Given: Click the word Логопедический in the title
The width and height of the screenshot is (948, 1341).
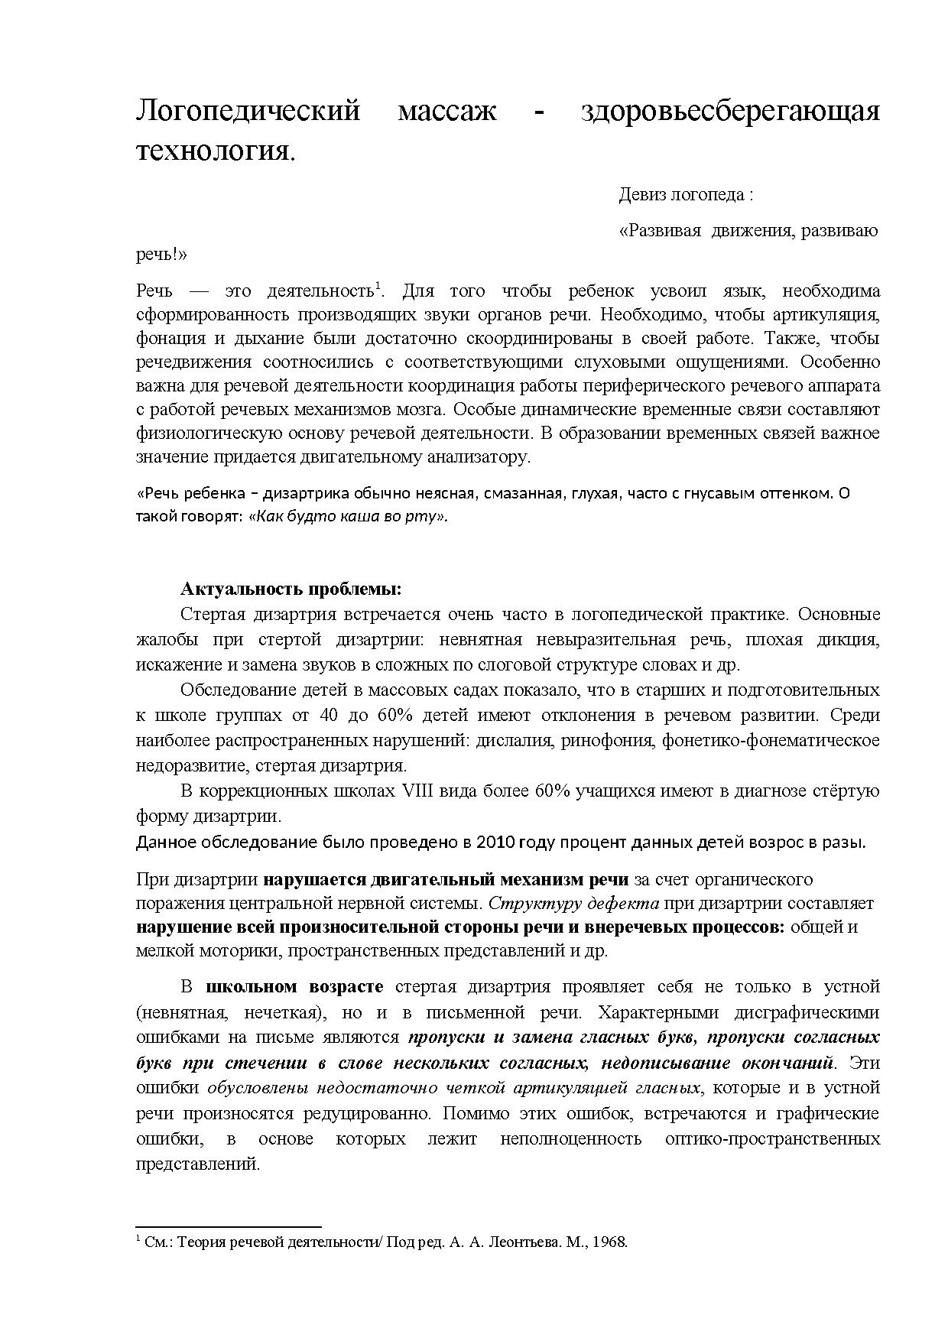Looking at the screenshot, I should [x=248, y=112].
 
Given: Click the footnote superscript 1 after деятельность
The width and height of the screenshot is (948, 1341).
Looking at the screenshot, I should [x=378, y=286].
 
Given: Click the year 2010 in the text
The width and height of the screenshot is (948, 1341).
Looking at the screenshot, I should [x=495, y=843].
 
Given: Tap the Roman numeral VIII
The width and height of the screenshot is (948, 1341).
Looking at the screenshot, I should [x=417, y=791].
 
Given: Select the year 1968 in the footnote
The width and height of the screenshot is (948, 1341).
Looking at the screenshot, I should [x=609, y=1242].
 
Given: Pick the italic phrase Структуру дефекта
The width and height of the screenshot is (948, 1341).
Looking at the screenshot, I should [x=573, y=903].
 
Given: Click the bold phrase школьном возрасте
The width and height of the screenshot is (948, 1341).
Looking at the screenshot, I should [x=295, y=987].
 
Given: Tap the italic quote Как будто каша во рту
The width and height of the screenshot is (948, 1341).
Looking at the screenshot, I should [x=348, y=516].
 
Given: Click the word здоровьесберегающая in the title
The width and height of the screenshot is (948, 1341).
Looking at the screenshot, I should [x=729, y=112].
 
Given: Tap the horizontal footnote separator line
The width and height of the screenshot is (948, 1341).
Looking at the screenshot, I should [x=228, y=1226].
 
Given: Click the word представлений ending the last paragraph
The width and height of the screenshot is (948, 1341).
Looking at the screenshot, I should [x=198, y=1164].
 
